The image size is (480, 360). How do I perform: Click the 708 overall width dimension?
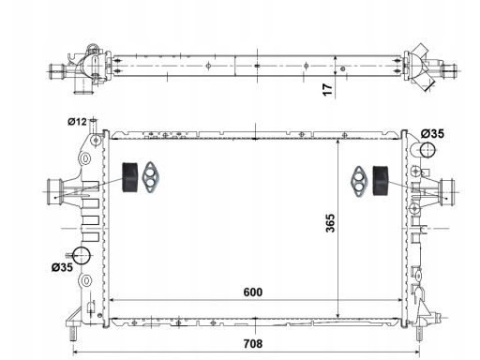[x=253, y=344]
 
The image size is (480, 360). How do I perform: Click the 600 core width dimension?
[x=253, y=292]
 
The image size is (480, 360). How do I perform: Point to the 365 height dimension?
[x=330, y=223]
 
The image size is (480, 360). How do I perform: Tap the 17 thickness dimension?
[x=328, y=90]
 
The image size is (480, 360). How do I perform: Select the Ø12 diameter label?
[x=77, y=122]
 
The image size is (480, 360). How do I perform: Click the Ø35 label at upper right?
[x=432, y=134]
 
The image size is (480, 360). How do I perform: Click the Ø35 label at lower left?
[x=62, y=267]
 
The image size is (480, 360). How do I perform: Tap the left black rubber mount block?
[x=129, y=177]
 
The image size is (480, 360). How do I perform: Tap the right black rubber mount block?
[x=381, y=181]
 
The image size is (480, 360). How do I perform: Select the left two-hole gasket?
[x=151, y=177]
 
